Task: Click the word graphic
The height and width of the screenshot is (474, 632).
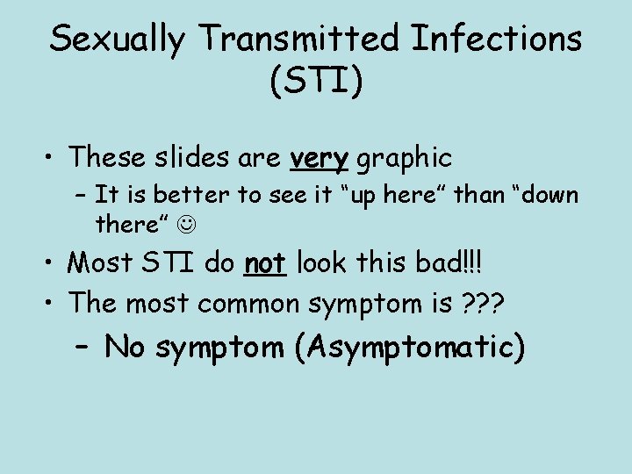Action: pyautogui.click(x=405, y=158)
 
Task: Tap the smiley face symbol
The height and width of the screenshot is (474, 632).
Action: pyautogui.click(x=185, y=225)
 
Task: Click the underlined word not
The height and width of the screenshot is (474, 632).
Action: pyautogui.click(x=266, y=262)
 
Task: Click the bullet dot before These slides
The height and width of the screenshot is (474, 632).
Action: pyautogui.click(x=52, y=159)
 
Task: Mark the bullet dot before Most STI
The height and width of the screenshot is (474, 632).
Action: pyautogui.click(x=52, y=263)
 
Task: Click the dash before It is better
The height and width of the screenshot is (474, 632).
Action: pyautogui.click(x=82, y=194)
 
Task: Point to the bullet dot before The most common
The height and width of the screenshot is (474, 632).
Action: pyautogui.click(x=52, y=304)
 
